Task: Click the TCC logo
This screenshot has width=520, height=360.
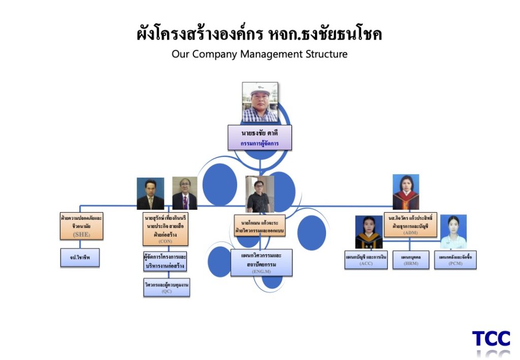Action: coord(491,339)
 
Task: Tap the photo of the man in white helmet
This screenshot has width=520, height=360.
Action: coord(260,102)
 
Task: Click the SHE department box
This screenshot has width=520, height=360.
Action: coord(81,226)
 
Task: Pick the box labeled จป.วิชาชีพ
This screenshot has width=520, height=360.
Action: coord(79,257)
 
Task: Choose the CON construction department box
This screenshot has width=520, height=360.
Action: coord(166,229)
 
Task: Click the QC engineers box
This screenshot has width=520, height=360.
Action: coord(167,287)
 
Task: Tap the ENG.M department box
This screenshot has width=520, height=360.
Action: coord(261,262)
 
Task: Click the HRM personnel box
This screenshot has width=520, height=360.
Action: coord(410,259)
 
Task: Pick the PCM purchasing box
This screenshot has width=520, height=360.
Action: coord(455,259)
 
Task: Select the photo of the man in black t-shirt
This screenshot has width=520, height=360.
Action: coord(259,194)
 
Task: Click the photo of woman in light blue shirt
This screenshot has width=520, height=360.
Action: coord(453,232)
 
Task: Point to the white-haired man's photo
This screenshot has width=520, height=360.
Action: coord(184,193)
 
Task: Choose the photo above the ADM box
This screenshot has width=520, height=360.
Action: coord(406,192)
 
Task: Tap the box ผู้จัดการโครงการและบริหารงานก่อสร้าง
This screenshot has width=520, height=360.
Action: coord(166,261)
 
